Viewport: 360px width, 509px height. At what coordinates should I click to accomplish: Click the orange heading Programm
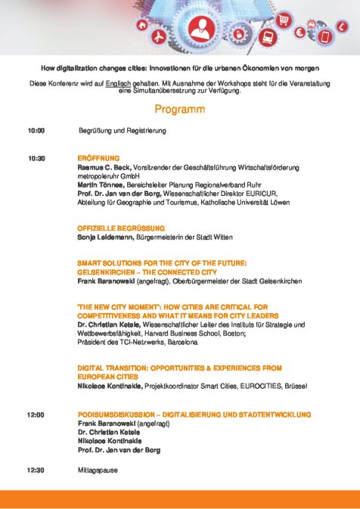pyautogui.click(x=180, y=110)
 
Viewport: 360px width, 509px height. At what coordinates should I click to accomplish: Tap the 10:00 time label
pyautogui.click(x=36, y=131)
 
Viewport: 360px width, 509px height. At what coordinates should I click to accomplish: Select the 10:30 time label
pyautogui.click(x=36, y=158)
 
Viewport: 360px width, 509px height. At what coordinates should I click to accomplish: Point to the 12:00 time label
pyautogui.click(x=36, y=414)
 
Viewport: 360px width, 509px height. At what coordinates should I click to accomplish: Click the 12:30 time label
pyautogui.click(x=36, y=470)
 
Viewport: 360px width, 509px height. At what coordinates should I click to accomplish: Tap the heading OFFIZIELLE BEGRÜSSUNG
pyautogui.click(x=121, y=228)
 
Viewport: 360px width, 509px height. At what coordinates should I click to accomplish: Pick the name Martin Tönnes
pyautogui.click(x=102, y=183)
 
